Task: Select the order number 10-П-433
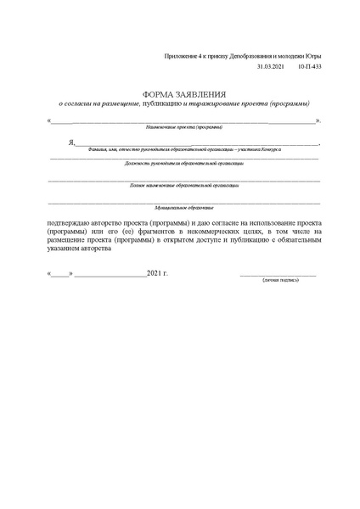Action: (310, 65)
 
